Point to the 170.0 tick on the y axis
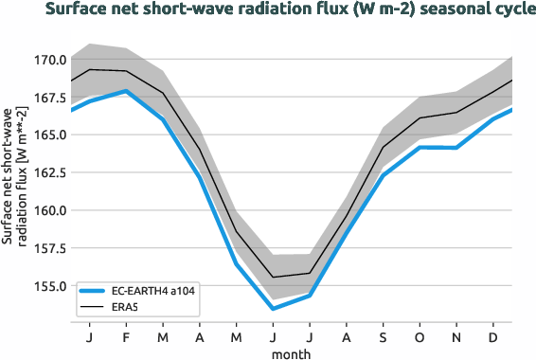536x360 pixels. (x=47, y=60)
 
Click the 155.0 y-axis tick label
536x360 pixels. (x=47, y=286)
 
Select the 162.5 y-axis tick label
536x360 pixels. (x=47, y=172)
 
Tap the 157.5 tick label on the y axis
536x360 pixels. (x=47, y=248)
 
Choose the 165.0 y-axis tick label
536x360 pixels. (x=47, y=135)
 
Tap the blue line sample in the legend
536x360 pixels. (x=96, y=291)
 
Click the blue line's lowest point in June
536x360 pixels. (x=273, y=308)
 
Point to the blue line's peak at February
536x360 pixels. (x=126, y=91)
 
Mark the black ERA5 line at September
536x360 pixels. (x=383, y=147)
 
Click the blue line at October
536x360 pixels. (x=420, y=147)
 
